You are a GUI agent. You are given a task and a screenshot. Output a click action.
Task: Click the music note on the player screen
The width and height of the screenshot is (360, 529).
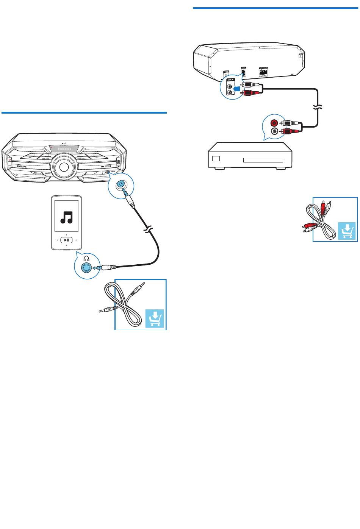pos(67,216)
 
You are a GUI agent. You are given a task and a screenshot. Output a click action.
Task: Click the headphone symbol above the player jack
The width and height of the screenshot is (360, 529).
pos(87,259)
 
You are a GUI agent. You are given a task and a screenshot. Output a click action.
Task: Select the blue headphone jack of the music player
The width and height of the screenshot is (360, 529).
pos(86,267)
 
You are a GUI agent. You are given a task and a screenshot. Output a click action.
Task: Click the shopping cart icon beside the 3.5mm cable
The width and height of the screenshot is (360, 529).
pos(156,318)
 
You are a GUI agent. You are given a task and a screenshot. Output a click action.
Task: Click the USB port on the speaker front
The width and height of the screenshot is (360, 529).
pos(119,163)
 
